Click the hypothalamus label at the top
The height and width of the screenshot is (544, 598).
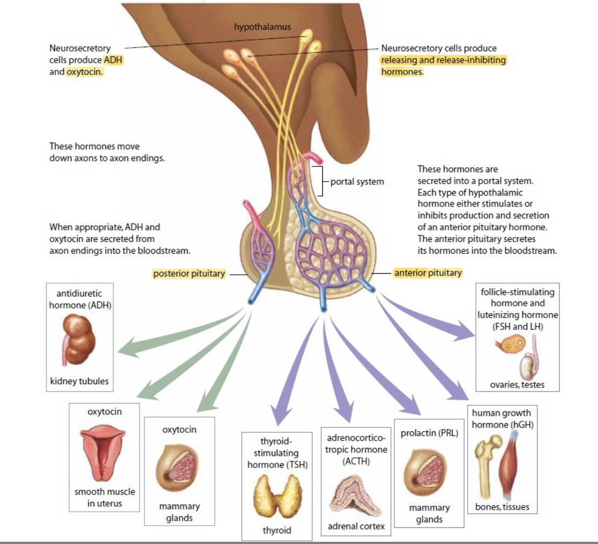[262, 26]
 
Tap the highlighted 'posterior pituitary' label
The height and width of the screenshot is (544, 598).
[189, 274]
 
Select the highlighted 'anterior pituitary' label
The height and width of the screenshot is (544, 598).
[428, 273]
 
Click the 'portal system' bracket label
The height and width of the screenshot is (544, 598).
[357, 182]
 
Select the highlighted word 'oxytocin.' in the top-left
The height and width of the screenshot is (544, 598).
[85, 72]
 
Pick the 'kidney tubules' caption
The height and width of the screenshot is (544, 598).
[79, 381]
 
